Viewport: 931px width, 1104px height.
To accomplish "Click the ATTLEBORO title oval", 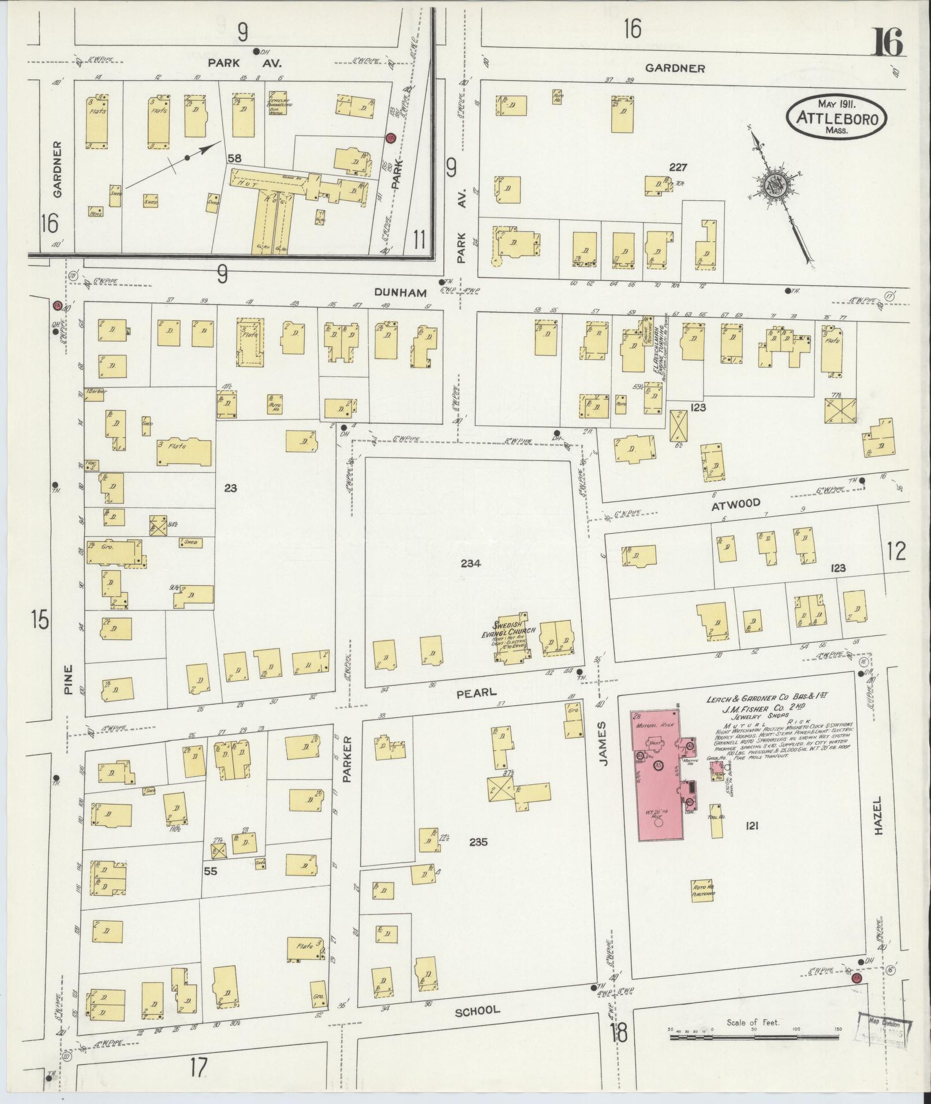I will [x=836, y=118].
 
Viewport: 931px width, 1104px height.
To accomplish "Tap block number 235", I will [x=478, y=842].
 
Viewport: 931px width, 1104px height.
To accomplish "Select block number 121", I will [x=751, y=826].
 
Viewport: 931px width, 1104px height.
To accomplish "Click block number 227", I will [x=678, y=167].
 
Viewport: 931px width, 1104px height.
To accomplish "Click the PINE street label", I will [x=69, y=680].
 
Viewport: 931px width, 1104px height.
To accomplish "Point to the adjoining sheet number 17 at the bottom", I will [x=198, y=1068].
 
